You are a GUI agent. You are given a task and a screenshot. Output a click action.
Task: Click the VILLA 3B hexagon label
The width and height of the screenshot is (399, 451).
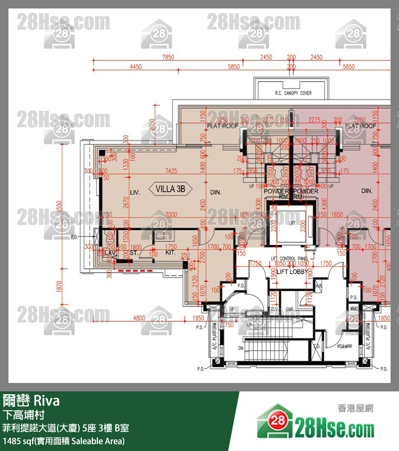(x=171, y=189)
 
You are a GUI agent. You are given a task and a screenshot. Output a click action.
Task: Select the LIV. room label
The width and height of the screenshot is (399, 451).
(x=135, y=192)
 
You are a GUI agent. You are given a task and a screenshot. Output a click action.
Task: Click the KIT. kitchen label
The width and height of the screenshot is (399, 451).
(x=170, y=252)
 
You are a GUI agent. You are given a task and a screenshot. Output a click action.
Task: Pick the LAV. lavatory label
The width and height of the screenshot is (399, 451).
(x=111, y=253)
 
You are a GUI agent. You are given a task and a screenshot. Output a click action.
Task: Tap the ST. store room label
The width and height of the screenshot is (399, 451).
(x=134, y=253)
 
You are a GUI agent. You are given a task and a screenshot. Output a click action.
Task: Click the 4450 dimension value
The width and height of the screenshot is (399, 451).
(x=136, y=67)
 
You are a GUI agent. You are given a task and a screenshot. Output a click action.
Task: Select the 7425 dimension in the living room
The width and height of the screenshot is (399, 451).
(x=171, y=171)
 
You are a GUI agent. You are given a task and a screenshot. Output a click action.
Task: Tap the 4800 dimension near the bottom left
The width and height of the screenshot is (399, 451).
(x=139, y=318)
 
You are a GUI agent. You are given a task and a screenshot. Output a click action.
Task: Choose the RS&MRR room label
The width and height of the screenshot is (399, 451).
(x=344, y=346)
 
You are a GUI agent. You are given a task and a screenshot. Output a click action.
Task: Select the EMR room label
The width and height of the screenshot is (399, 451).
(x=290, y=309)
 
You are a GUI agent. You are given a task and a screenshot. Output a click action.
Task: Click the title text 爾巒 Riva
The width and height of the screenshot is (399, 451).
(x=31, y=400)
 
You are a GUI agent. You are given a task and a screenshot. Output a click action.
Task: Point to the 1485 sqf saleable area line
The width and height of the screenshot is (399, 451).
(x=64, y=441)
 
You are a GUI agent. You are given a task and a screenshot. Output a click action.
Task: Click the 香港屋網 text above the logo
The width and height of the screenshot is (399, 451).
(x=355, y=408)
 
